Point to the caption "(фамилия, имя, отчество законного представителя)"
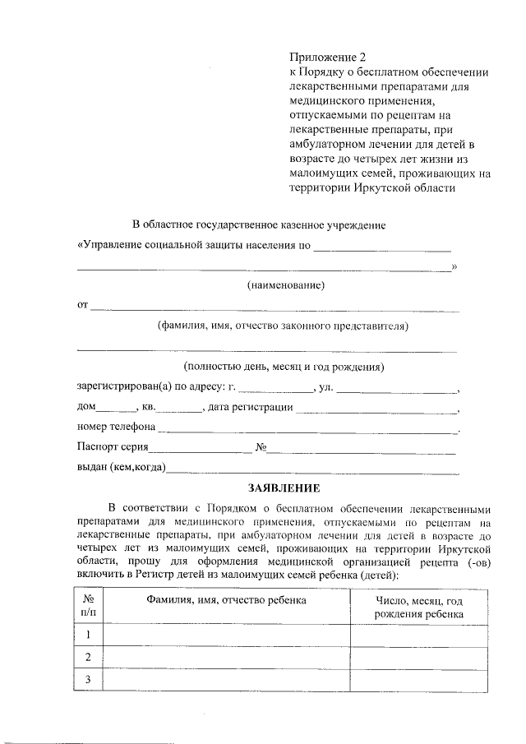point(283,326)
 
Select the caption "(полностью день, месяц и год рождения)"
point(284,367)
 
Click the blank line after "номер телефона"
point(307,428)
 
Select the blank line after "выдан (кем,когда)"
point(312,469)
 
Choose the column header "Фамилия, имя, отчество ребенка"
point(226,600)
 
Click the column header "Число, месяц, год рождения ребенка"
point(418,607)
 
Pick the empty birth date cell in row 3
point(418,678)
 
